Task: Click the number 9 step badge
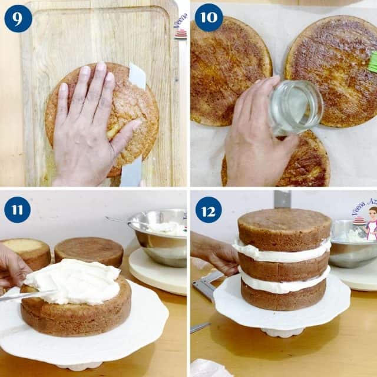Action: click(x=18, y=18)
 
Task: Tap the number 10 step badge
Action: click(x=209, y=18)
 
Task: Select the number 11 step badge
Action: click(x=18, y=210)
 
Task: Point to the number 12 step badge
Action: click(x=209, y=210)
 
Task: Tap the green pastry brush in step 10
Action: click(x=372, y=62)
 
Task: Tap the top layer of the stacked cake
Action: click(x=285, y=227)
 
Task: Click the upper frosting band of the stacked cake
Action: click(x=283, y=252)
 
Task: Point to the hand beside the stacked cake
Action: click(x=215, y=253)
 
